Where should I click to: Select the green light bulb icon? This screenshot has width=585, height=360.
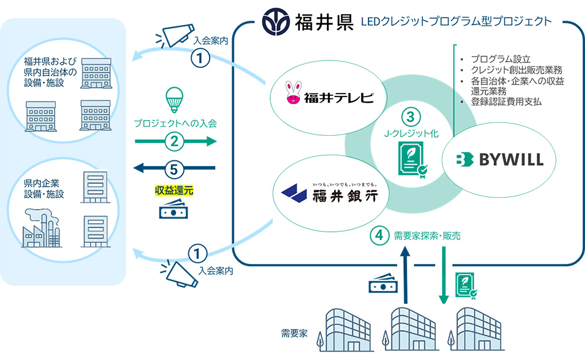174,98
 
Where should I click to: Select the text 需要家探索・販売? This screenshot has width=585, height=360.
427,236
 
